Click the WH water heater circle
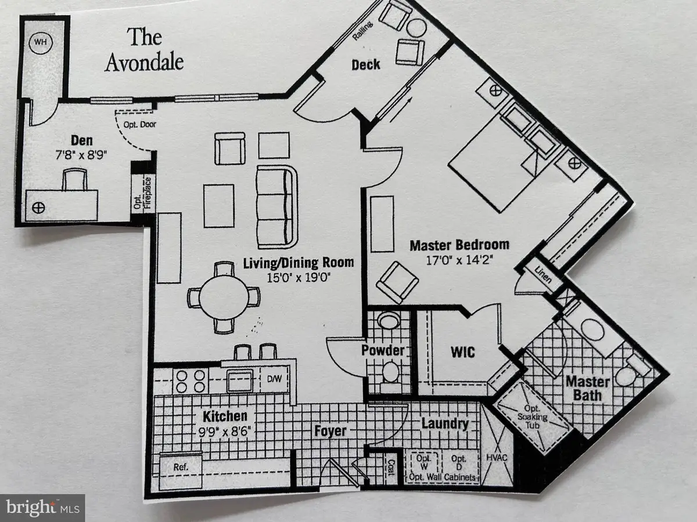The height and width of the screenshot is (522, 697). coord(41,42)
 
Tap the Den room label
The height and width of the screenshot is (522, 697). coord(82,140)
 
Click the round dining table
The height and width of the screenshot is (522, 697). coord(224,298)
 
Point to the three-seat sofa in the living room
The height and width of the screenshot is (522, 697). coord(277,207)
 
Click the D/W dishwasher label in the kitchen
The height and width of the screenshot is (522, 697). coord(274,379)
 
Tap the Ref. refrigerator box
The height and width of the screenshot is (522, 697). coord(181,470)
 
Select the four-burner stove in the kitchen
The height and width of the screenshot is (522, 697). coord(191,381)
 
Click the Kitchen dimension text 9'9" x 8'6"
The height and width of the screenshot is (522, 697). coord(225,432)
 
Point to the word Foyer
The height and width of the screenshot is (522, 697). coord(330,431)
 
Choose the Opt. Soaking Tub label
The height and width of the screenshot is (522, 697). coord(533,416)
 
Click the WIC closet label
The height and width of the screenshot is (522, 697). coord(463,352)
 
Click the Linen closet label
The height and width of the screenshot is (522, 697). coord(543,274)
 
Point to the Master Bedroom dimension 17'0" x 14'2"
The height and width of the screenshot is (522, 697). coord(459,260)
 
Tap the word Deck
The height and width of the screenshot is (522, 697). coord(366,64)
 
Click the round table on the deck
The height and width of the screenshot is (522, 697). coord(416,28)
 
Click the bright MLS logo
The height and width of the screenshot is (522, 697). coord(42,507)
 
